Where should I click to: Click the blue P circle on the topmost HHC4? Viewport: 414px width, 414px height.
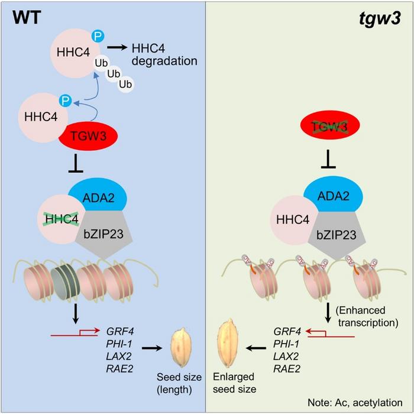tap(98, 37)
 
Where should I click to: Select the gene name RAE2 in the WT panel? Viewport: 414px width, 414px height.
tap(119, 371)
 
